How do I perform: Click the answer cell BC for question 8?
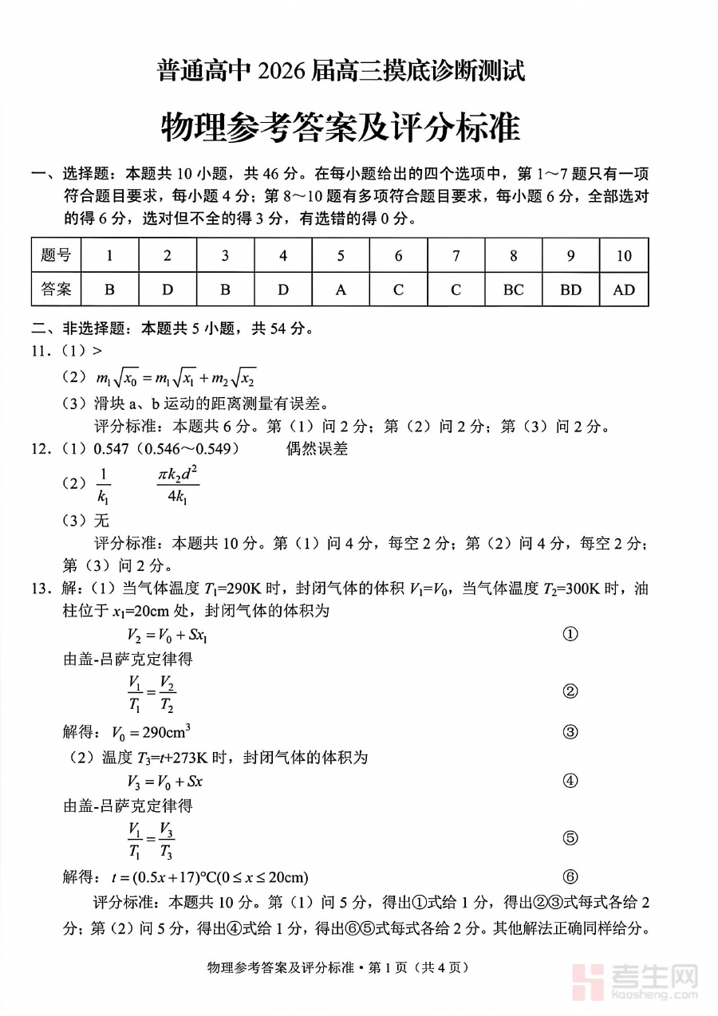point(513,289)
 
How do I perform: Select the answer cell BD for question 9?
point(570,289)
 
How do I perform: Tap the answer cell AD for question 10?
point(624,289)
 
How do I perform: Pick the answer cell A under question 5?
point(341,289)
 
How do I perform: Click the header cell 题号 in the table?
point(56,256)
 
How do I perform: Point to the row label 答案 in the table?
point(56,289)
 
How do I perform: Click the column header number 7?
point(456,256)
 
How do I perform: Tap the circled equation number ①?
point(570,635)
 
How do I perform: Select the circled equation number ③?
point(570,732)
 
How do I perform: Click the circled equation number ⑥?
point(570,877)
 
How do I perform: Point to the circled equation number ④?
point(570,782)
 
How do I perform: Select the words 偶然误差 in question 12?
point(317,449)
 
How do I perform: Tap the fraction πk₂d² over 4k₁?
point(178,485)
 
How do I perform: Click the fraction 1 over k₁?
point(103,485)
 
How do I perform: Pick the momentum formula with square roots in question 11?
point(176,378)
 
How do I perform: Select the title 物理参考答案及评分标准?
point(341,126)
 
